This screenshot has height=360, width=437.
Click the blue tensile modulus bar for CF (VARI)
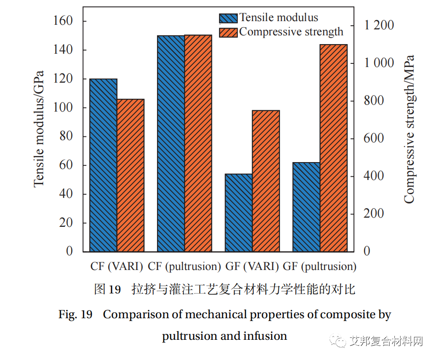pyautogui.click(x=103, y=165)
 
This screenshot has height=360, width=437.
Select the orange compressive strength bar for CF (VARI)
pyautogui.click(x=130, y=175)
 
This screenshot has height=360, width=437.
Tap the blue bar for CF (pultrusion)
pyautogui.click(x=171, y=143)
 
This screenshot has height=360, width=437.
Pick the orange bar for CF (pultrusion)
pyautogui.click(x=198, y=143)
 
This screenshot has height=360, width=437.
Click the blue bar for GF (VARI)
pyautogui.click(x=239, y=213)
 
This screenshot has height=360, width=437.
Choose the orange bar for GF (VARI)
pyautogui.click(x=266, y=181)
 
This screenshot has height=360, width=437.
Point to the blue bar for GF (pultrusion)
pyautogui.click(x=306, y=207)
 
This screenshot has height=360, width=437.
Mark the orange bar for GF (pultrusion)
pyautogui.click(x=334, y=148)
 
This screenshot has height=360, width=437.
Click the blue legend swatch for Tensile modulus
pyautogui.click(x=228, y=18)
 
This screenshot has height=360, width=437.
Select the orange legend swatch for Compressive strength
pyautogui.click(x=228, y=32)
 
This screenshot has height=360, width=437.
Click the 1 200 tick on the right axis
pyautogui.click(x=379, y=25)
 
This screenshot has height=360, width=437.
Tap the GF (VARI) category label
pyautogui.click(x=252, y=266)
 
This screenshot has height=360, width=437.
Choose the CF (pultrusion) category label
pyautogui.click(x=185, y=266)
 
